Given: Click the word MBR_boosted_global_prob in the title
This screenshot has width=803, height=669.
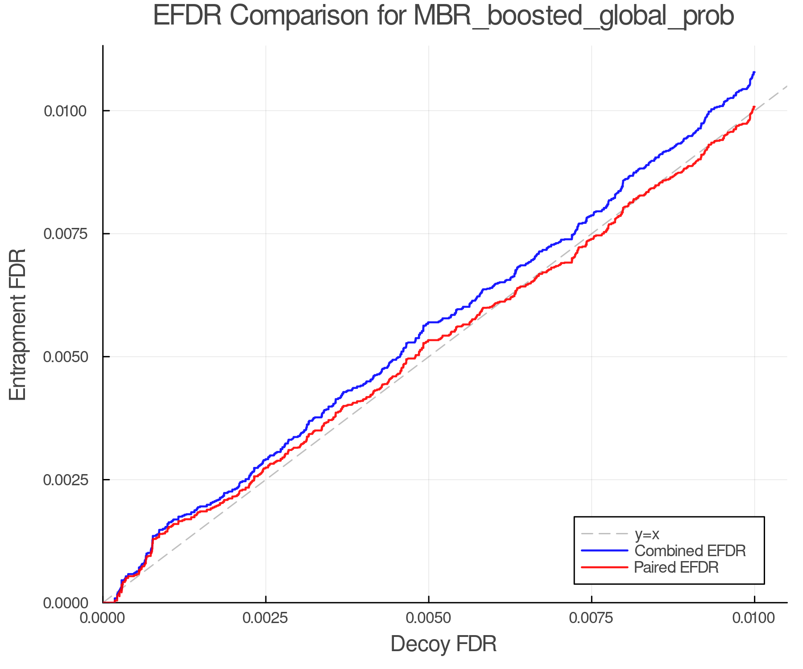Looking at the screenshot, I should pyautogui.click(x=574, y=17).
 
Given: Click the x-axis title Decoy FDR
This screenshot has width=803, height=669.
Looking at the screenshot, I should pyautogui.click(x=443, y=644).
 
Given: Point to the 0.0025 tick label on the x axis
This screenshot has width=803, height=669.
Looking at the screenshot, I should pyautogui.click(x=265, y=618).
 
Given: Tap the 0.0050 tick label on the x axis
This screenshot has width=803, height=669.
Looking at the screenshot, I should pyautogui.click(x=428, y=618).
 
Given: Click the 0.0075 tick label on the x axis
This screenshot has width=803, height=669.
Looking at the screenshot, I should pyautogui.click(x=591, y=618).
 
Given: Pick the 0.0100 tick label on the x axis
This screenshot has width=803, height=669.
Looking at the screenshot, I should pyautogui.click(x=754, y=618).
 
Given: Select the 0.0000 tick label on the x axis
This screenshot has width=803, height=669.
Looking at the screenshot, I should pyautogui.click(x=103, y=618).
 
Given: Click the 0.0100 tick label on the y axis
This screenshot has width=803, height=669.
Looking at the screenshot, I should pyautogui.click(x=65, y=111).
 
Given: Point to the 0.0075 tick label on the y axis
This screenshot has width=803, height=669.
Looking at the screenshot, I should pyautogui.click(x=65, y=234).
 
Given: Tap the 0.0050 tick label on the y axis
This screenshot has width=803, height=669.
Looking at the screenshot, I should pyautogui.click(x=65, y=357).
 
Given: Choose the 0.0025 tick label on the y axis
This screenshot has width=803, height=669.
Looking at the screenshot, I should pyautogui.click(x=65, y=480).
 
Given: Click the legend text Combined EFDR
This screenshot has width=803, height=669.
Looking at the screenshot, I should pyautogui.click(x=690, y=550).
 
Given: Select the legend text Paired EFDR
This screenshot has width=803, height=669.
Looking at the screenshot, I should pyautogui.click(x=676, y=567).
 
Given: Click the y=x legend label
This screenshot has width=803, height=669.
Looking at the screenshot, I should pyautogui.click(x=647, y=534).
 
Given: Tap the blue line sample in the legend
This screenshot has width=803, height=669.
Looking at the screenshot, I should pyautogui.click(x=604, y=550).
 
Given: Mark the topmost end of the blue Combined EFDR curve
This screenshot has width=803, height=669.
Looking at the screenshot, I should pyautogui.click(x=754, y=72).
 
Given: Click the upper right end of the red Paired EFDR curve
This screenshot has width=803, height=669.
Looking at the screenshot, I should pyautogui.click(x=754, y=107).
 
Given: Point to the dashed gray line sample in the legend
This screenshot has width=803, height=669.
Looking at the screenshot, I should pyautogui.click(x=604, y=533).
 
